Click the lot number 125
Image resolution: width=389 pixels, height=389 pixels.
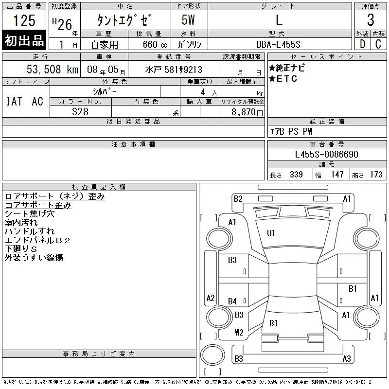tap(24, 20)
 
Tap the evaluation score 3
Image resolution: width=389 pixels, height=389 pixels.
tap(371, 20)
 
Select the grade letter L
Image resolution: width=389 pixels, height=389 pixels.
tap(279, 20)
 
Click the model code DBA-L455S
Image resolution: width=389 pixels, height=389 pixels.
tap(278, 44)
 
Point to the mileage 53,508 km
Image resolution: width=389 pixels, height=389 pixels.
tap(53, 69)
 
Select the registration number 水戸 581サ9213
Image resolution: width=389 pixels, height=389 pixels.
tap(174, 70)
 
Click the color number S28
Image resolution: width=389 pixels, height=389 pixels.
tap(80, 112)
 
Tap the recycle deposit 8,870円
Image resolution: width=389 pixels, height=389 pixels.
tap(247, 112)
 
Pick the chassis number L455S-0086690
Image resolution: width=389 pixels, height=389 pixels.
tap(326, 154)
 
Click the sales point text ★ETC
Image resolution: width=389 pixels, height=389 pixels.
tap(283, 79)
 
